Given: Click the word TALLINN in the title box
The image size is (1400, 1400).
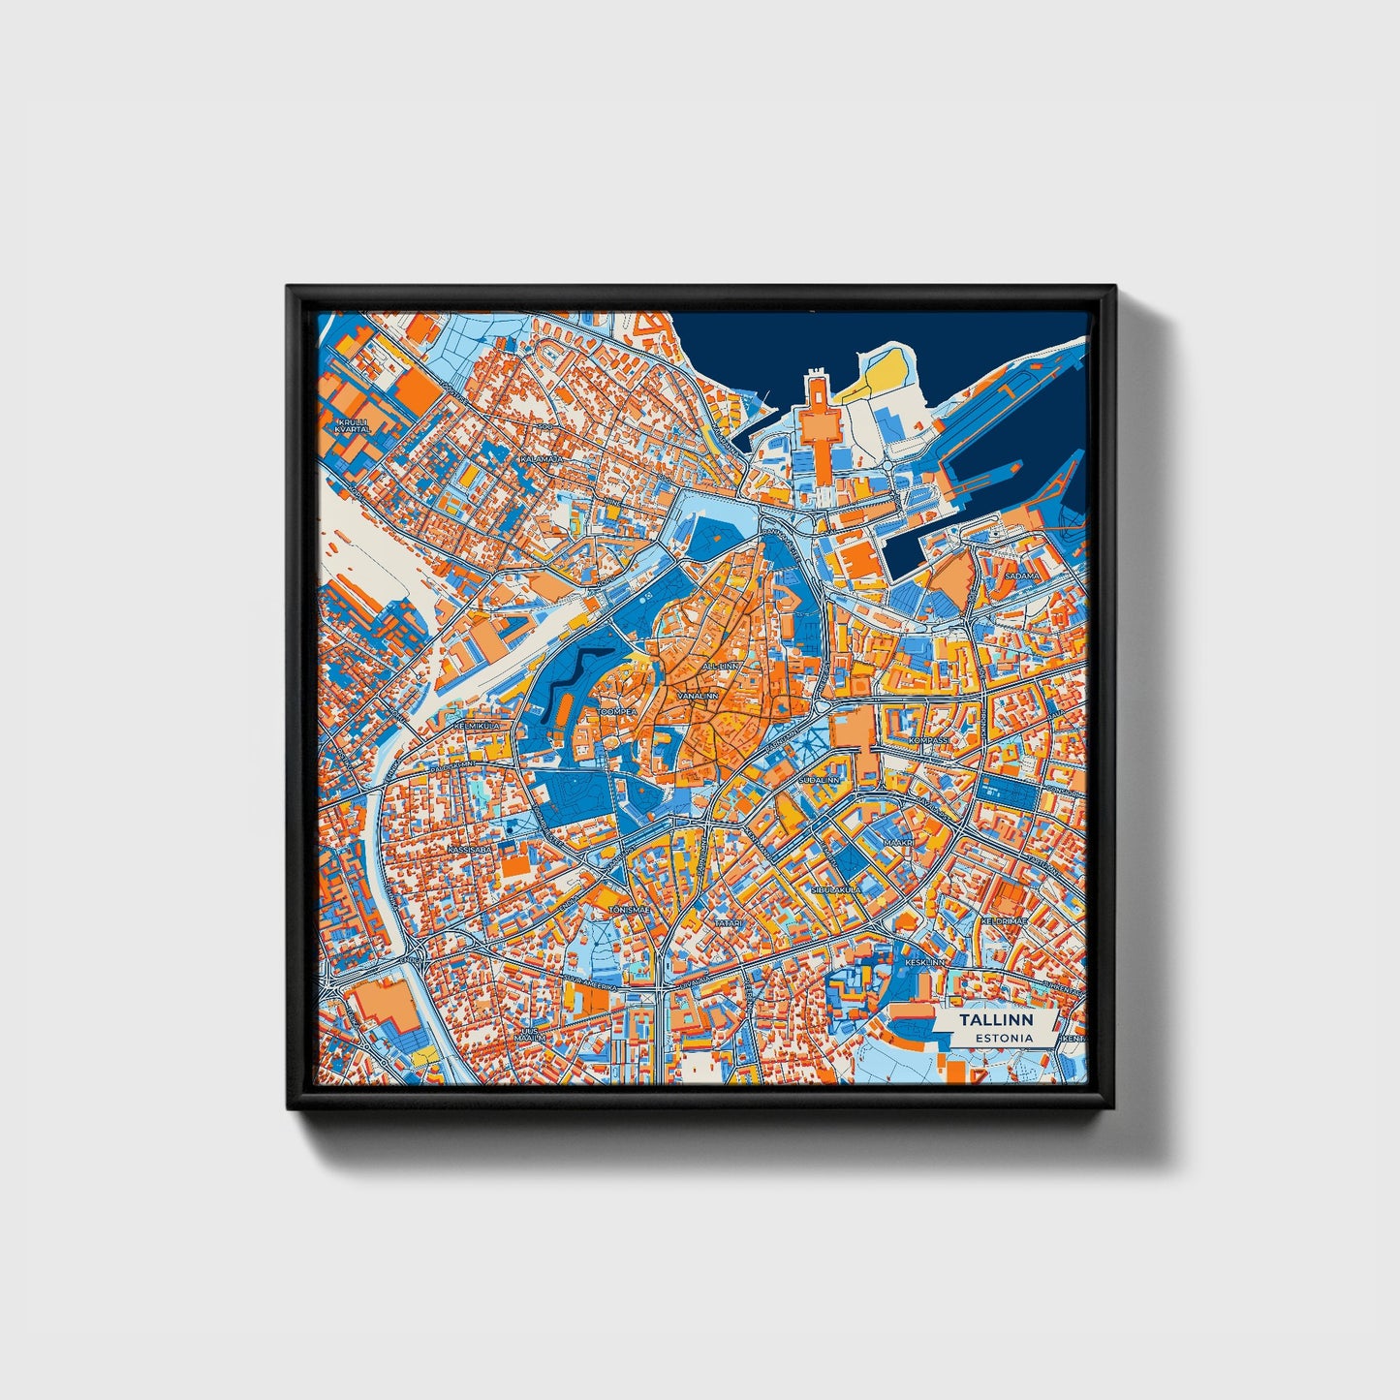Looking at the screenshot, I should click(x=995, y=1020).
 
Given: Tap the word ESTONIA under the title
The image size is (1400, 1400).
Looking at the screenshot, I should click(x=1004, y=1038).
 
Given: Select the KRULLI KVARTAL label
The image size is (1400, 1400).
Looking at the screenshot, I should click(x=353, y=424).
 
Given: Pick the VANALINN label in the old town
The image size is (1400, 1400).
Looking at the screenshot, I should click(x=698, y=696).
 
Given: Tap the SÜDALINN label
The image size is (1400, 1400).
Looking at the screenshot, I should click(x=820, y=779).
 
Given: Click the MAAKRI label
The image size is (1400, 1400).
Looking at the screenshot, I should click(x=897, y=843).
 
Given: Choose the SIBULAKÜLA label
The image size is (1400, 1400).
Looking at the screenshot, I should click(x=835, y=887).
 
